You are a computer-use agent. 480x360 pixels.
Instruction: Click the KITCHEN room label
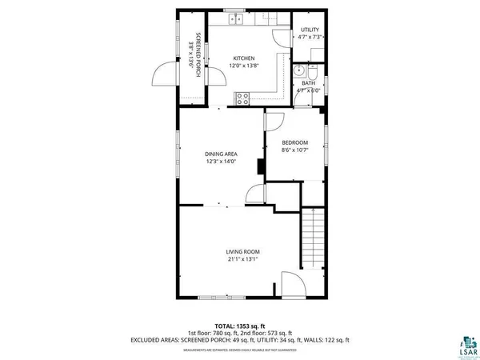click(243, 58)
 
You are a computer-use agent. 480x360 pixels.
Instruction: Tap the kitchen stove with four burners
click(242, 98)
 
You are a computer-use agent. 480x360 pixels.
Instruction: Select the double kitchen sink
click(234, 18)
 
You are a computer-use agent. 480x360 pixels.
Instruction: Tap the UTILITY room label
click(309, 30)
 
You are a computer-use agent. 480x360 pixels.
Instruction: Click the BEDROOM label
click(294, 143)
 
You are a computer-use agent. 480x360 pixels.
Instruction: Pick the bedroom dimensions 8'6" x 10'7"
click(294, 150)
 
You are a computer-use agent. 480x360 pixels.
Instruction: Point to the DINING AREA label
click(220, 154)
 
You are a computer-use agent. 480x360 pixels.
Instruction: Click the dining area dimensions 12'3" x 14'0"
click(220, 162)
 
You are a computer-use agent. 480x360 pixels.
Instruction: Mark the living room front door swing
click(291, 285)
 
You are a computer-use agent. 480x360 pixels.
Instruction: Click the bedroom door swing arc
click(274, 120)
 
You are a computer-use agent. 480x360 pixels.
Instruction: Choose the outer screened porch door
click(162, 77)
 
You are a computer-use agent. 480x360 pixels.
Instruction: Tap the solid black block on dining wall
click(260, 166)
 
